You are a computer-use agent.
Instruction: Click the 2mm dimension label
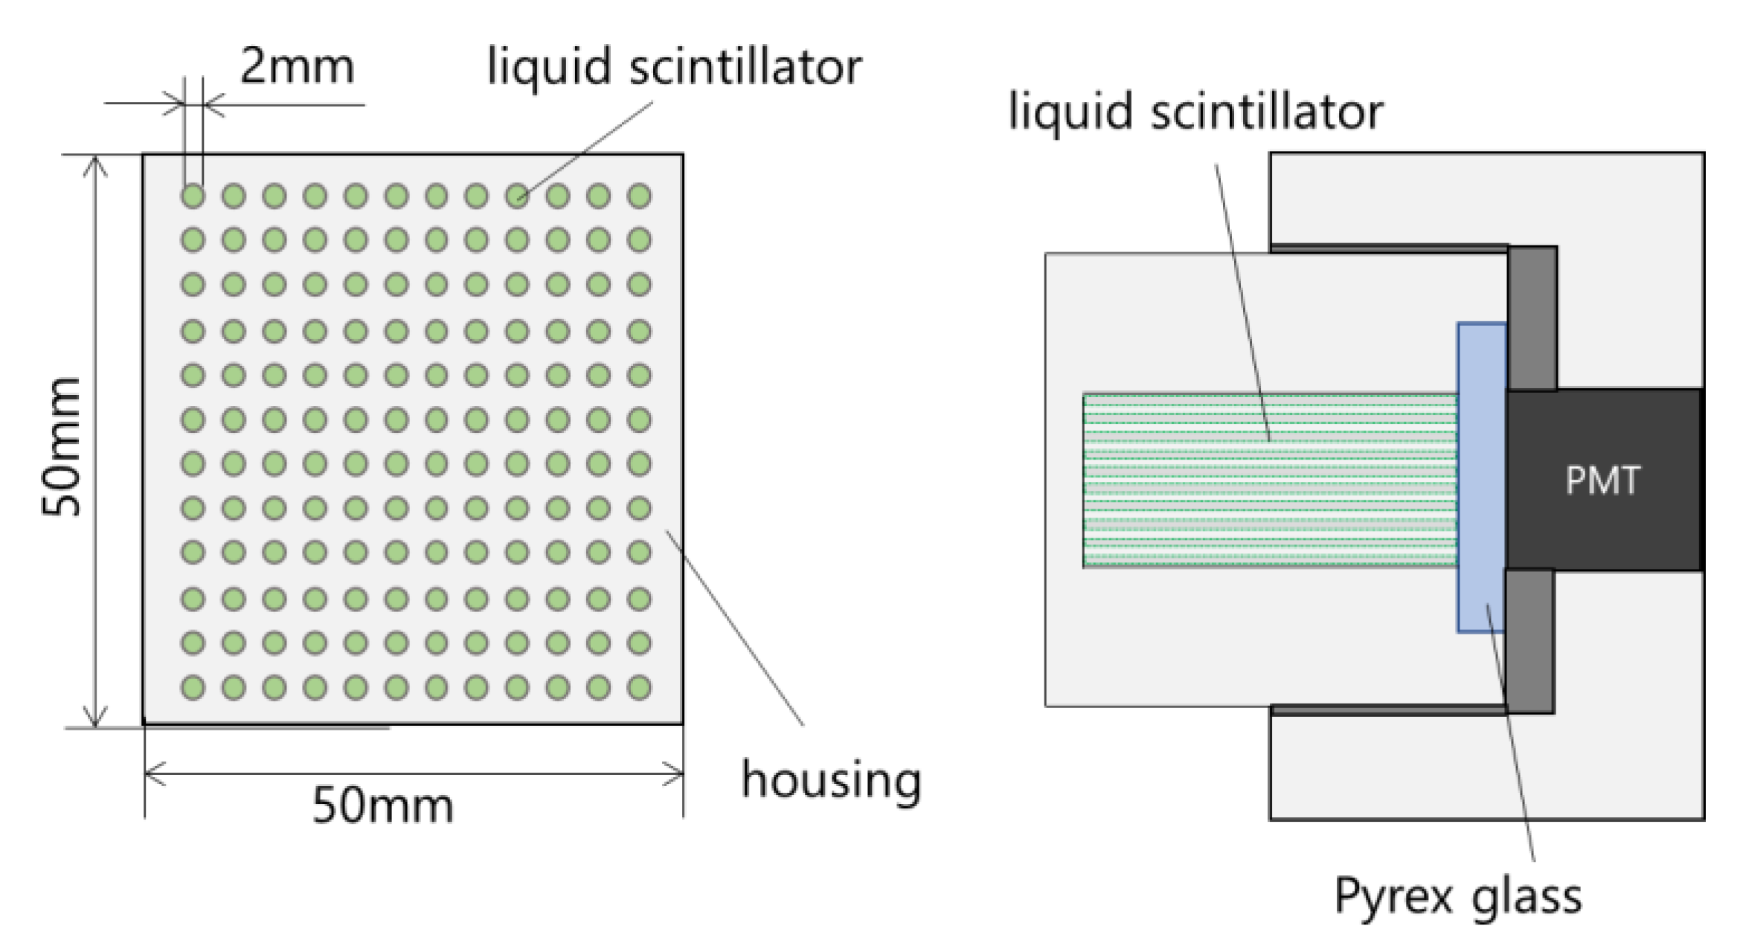(296, 66)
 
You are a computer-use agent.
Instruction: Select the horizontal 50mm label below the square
(382, 805)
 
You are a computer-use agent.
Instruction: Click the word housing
(831, 780)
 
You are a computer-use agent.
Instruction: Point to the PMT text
(1602, 480)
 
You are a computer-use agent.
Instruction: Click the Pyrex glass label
(1457, 895)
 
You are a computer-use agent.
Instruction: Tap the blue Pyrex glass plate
(1481, 476)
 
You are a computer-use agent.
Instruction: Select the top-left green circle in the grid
(193, 196)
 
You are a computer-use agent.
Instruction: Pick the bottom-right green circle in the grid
(639, 687)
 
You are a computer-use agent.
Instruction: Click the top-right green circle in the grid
(639, 196)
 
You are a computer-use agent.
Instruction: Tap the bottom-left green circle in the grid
(193, 687)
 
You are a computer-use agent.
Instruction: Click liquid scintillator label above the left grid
(674, 66)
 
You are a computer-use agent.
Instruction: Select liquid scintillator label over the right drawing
(1195, 112)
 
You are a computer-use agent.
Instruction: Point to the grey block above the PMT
(1532, 318)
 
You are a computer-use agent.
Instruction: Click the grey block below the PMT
(1529, 641)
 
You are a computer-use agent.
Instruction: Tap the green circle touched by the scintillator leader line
(517, 196)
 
